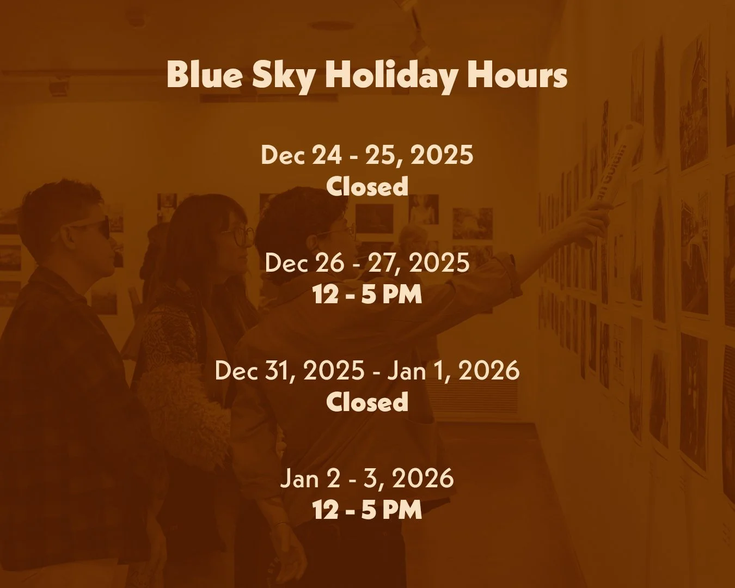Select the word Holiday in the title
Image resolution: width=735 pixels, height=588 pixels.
pyautogui.click(x=391, y=75)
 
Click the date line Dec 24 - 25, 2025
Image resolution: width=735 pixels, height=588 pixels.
pyautogui.click(x=367, y=155)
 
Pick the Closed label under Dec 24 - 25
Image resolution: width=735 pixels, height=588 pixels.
pyautogui.click(x=367, y=186)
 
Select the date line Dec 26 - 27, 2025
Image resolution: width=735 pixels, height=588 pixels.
pyautogui.click(x=367, y=263)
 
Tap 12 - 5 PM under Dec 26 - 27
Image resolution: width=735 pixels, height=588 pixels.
pyautogui.click(x=367, y=295)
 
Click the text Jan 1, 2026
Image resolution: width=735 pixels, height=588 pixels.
pyautogui.click(x=454, y=371)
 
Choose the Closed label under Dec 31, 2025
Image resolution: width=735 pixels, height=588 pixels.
pyautogui.click(x=367, y=402)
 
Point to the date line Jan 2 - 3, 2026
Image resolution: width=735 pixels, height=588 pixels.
pyautogui.click(x=367, y=479)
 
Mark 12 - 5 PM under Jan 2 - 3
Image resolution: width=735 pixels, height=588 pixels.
pyautogui.click(x=367, y=510)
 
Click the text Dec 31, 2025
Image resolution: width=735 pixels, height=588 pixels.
pyautogui.click(x=290, y=371)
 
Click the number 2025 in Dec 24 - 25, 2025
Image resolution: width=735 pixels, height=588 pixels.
pyautogui.click(x=442, y=155)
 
